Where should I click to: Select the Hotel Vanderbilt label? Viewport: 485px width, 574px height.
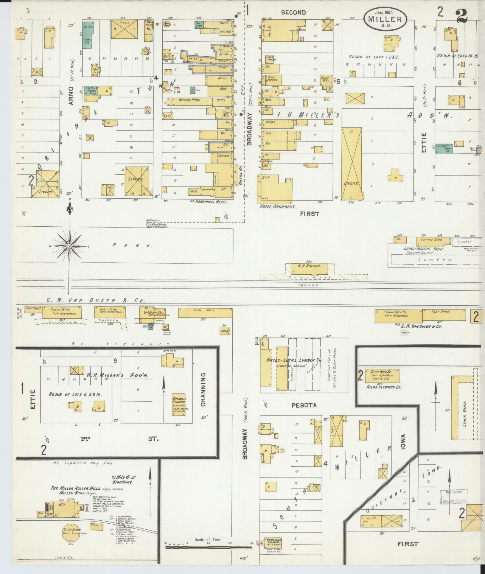(276, 206)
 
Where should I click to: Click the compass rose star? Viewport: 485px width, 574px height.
(69, 246)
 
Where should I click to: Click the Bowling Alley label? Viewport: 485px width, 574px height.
(189, 100)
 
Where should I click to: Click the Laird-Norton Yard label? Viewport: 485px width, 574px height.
(423, 249)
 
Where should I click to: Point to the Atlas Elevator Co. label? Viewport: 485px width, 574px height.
(384, 387)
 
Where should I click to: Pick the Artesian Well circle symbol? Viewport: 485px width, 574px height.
(158, 222)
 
